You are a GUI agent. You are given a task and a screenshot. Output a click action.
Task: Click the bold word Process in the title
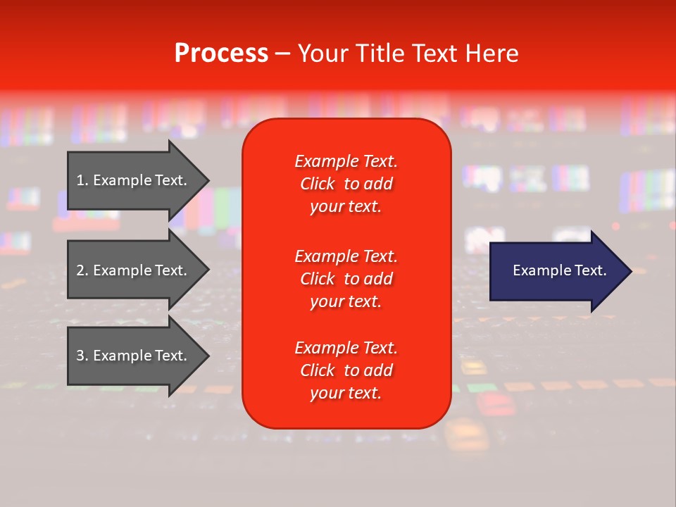point(221,54)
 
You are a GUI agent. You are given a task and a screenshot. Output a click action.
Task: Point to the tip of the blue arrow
point(630,270)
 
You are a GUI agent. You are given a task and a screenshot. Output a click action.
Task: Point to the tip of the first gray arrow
point(208,180)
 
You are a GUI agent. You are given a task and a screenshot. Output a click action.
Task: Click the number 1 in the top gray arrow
point(80,180)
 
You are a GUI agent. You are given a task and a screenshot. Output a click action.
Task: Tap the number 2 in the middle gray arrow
point(80,270)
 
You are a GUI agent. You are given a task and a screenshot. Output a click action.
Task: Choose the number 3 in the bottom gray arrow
point(80,356)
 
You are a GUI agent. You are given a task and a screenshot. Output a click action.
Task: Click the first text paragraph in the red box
point(346,184)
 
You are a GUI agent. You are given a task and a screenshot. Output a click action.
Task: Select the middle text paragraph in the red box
point(346,278)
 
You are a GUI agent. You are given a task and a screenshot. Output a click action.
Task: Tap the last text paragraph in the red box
point(346,370)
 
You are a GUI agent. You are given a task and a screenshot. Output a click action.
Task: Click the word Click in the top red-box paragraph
point(318,184)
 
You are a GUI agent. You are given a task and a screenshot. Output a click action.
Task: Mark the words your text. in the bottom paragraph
point(346,393)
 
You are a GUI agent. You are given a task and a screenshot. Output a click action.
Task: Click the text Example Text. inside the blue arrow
point(559,270)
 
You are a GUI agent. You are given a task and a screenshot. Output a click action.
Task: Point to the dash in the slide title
point(282,54)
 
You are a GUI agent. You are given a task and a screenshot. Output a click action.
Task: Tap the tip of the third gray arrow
point(208,356)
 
